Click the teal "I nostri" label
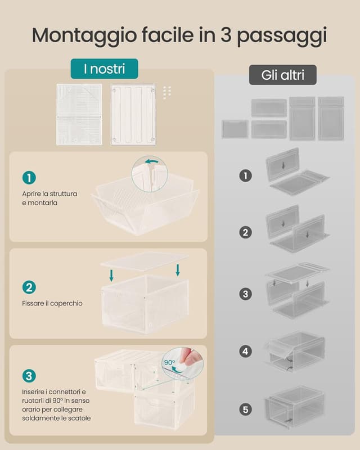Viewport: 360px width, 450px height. coord(104,69)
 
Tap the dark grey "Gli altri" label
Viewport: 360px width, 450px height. coord(283,75)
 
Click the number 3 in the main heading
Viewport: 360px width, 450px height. coord(226,35)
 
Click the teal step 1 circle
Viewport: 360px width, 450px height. coord(29,178)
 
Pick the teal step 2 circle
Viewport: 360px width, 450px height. coord(29,287)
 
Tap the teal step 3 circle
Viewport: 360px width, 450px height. coord(29,376)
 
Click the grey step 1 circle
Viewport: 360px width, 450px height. coord(245,175)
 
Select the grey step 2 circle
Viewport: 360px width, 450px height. coord(245,232)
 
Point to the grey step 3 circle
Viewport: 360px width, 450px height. coord(245,294)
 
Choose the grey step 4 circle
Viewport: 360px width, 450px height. coord(245,351)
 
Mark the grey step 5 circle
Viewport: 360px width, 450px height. coord(245,409)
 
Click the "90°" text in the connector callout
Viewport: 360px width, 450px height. coord(169,362)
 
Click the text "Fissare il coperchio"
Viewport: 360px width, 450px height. coord(52,303)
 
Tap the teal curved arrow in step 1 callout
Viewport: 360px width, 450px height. coord(151,162)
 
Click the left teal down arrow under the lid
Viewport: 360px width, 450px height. coord(111,276)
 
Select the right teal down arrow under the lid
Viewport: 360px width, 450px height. coord(178,270)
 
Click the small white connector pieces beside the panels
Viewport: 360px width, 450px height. coord(167,92)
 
